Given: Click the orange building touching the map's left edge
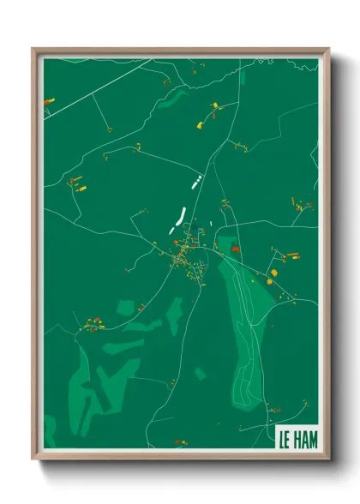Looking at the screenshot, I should click(x=48, y=102).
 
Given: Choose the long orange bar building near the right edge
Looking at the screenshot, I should click(x=291, y=255).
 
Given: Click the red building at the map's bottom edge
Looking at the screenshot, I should click(x=180, y=442).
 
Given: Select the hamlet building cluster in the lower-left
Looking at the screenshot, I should click(x=93, y=324).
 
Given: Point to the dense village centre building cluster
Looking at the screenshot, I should click(x=184, y=257).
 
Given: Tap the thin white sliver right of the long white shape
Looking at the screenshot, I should click(x=211, y=208).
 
